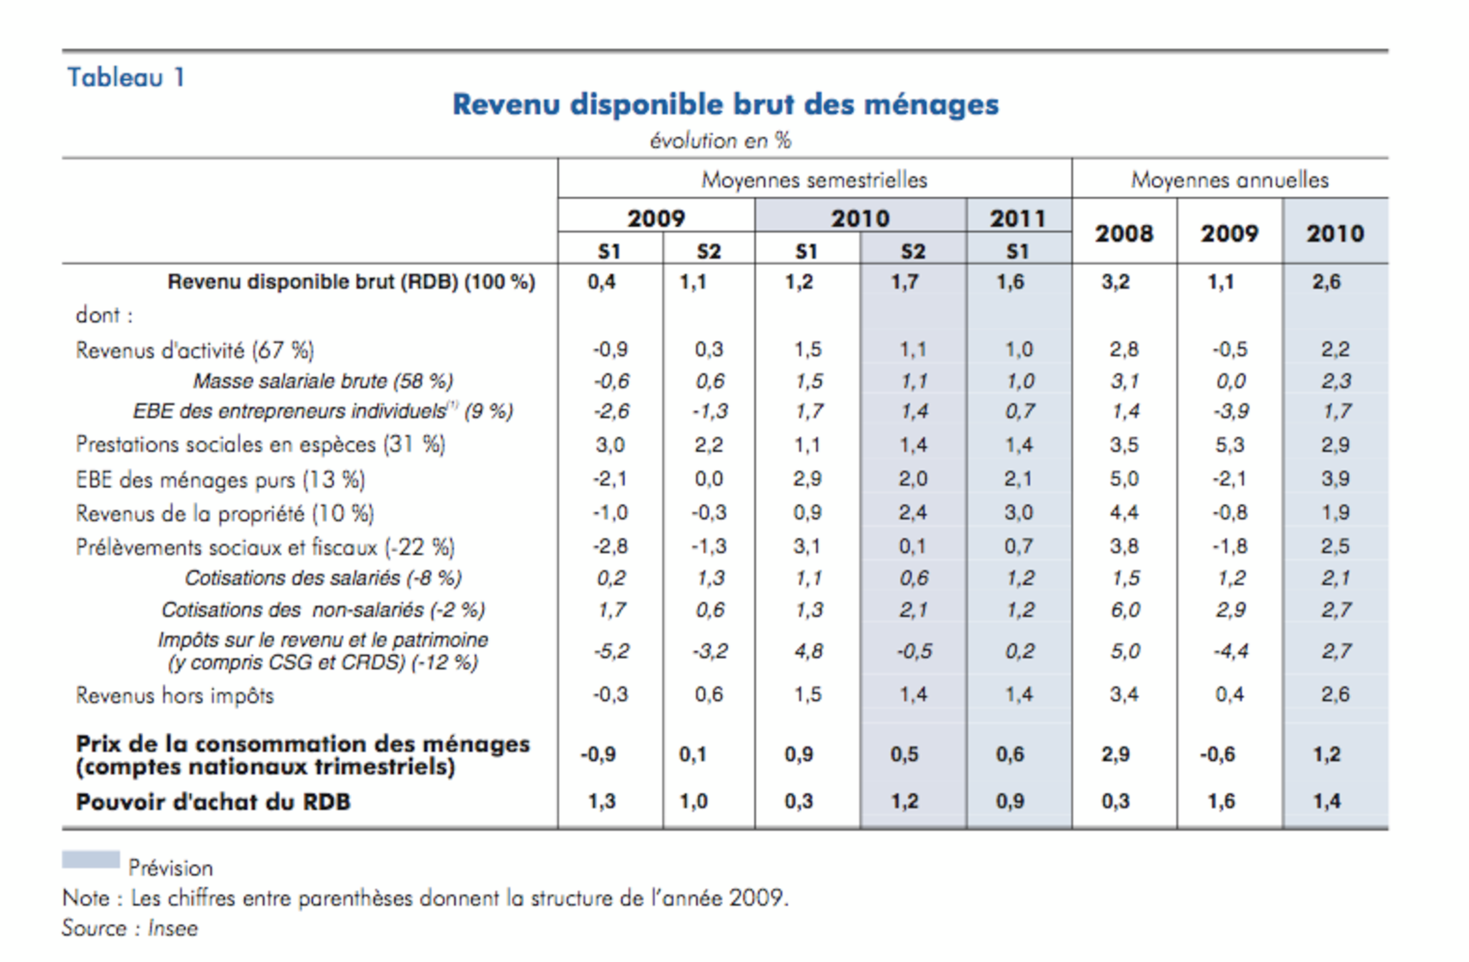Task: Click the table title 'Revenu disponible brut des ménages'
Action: coord(725,105)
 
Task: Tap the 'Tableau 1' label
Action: coord(126,77)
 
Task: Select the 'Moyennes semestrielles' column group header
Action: coord(814,180)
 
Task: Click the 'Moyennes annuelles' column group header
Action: coord(1229,180)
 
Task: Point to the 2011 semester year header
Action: coord(1018,218)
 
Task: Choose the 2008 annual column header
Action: coord(1124,233)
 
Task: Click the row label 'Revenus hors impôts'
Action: coord(175,696)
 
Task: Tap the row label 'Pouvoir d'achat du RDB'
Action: coord(213,801)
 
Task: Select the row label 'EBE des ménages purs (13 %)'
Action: coord(220,479)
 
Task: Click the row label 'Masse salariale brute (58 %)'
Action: coord(323,381)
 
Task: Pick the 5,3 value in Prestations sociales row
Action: coord(1229,445)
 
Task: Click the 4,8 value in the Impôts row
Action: coord(808,651)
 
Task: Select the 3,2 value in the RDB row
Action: coord(1115,282)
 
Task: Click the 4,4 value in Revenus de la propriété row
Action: coord(1124,513)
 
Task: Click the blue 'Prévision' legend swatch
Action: coord(91,859)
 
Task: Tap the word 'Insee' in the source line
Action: coord(172,928)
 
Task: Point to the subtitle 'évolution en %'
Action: coord(720,141)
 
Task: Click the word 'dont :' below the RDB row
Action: coord(104,314)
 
